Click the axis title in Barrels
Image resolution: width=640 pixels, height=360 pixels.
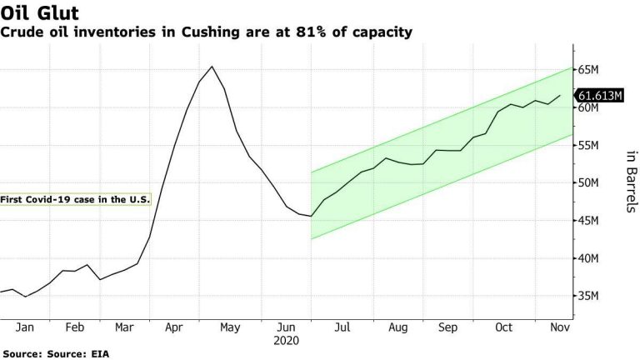[630, 181]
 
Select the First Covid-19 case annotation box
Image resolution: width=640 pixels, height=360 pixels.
[75, 199]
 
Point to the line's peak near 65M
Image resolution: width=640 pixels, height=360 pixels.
[212, 67]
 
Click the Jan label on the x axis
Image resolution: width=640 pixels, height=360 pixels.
[25, 328]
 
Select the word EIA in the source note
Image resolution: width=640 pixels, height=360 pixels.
[100, 353]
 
